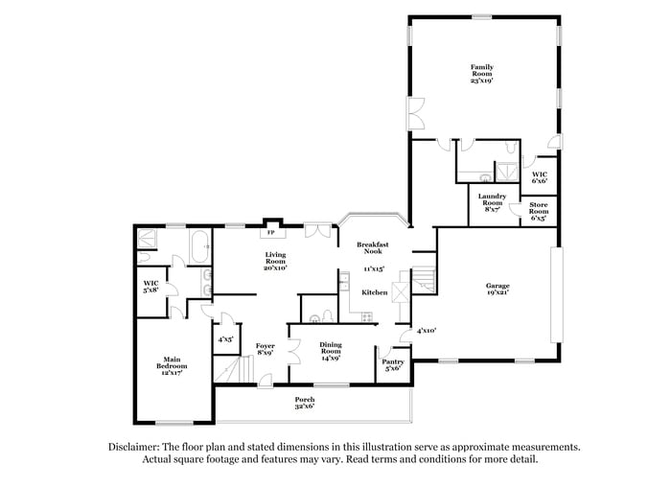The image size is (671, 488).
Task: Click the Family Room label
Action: tap(481, 73)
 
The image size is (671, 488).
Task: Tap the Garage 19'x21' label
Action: tap(497, 289)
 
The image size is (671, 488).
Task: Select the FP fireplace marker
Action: tap(271, 232)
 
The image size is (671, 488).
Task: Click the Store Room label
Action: tap(539, 215)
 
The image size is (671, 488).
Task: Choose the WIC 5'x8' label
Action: tap(150, 286)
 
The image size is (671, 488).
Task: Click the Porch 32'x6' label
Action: tap(304, 404)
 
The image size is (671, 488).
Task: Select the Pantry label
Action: tap(393, 365)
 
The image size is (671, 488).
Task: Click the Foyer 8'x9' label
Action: tap(265, 349)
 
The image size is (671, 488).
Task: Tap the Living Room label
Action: tap(276, 261)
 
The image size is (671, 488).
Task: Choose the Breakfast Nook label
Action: tap(372, 248)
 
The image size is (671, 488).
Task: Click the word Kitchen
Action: tap(374, 291)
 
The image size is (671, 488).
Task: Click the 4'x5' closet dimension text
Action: tap(226, 338)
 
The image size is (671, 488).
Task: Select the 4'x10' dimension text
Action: tap(426, 331)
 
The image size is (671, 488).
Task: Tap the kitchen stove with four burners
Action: tap(343, 280)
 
